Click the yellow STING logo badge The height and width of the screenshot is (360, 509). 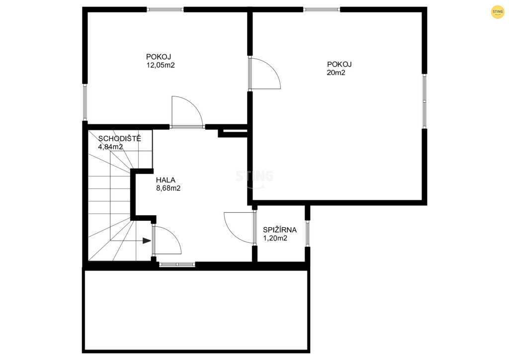497,12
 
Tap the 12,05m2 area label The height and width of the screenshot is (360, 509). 161,65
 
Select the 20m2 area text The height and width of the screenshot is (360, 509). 336,73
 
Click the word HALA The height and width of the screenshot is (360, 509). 166,180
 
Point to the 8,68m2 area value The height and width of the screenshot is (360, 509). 169,188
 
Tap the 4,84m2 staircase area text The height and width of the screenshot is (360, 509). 111,147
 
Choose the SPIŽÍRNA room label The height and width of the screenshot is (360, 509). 280,230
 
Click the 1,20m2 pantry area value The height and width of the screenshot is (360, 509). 275,238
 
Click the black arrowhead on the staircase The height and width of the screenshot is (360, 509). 147,241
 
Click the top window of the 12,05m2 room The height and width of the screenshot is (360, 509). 166,10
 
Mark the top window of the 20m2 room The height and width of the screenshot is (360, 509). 322,10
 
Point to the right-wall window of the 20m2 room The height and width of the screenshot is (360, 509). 424,101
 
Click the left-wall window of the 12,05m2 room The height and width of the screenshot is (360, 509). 85,102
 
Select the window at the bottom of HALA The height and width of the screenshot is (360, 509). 177,265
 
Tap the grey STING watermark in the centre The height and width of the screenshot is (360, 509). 254,177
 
